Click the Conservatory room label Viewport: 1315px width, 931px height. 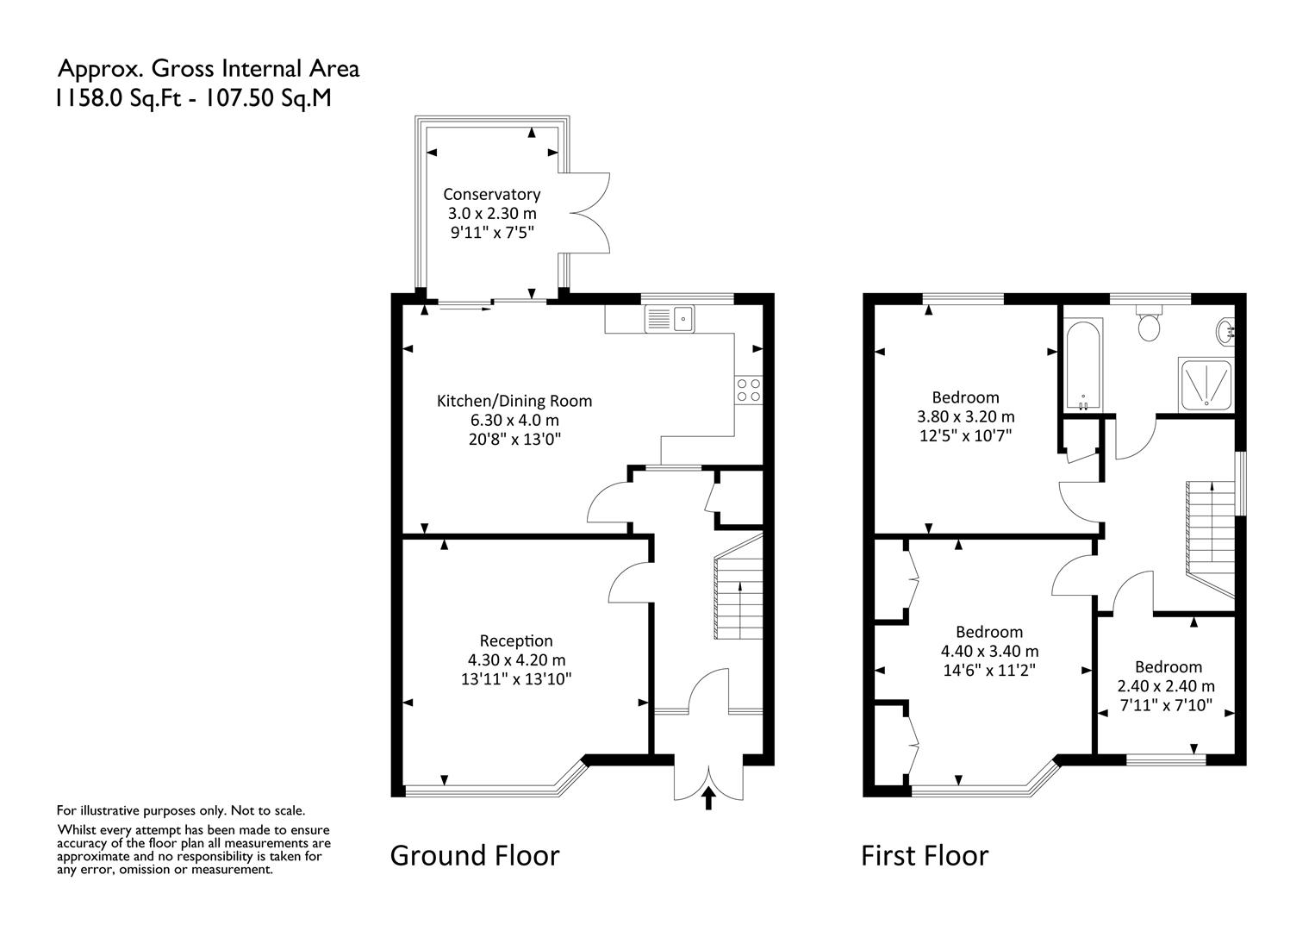click(491, 194)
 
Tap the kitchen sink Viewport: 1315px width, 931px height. click(670, 319)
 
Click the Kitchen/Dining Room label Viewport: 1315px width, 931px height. click(514, 401)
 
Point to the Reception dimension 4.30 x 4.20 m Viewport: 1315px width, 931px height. click(517, 660)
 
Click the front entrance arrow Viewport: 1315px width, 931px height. click(708, 798)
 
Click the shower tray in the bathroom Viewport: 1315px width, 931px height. click(1206, 384)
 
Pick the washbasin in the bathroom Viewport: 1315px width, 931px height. click(1225, 331)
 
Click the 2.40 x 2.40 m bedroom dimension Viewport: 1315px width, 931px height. click(1166, 686)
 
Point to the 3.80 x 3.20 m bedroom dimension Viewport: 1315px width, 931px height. click(966, 416)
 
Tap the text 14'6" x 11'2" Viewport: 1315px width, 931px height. click(989, 670)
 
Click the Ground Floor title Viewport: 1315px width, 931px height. click(475, 855)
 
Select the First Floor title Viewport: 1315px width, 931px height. click(925, 856)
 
